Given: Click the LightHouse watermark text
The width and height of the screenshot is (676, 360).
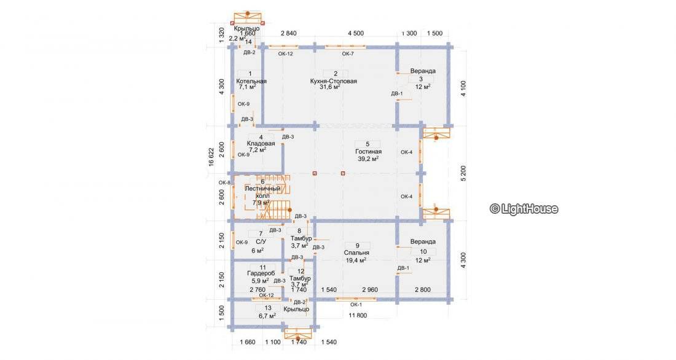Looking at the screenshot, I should click(x=524, y=209).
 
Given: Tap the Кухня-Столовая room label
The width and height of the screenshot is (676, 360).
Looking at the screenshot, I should click(x=334, y=81).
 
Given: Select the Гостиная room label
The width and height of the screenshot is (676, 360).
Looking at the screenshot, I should click(x=368, y=151).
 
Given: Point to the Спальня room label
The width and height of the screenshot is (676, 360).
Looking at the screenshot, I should click(x=357, y=252).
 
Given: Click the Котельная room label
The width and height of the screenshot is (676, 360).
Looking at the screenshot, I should click(x=251, y=81).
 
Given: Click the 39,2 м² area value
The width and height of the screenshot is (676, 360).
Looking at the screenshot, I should click(x=368, y=158).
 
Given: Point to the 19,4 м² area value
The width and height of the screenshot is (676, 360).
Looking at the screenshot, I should click(x=356, y=260).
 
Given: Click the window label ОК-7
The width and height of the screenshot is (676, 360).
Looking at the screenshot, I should click(x=348, y=54).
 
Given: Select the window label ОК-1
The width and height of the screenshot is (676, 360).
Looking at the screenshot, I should click(x=356, y=305).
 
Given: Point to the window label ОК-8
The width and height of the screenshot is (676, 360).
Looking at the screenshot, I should click(x=224, y=182).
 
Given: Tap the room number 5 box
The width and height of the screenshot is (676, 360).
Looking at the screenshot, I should click(x=367, y=144).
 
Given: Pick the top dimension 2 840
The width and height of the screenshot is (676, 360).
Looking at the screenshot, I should click(x=289, y=33).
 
